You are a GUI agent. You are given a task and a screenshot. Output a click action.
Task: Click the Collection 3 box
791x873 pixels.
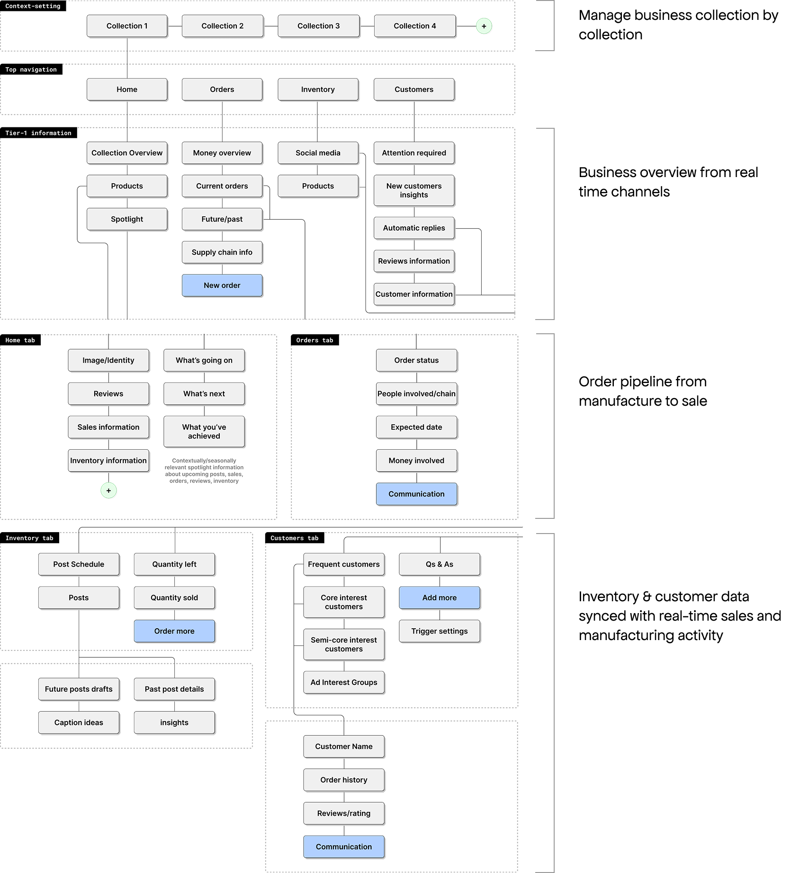318,26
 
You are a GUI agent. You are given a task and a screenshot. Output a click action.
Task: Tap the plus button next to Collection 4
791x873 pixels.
484,27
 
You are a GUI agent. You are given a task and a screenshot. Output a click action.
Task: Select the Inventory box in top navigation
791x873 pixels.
318,89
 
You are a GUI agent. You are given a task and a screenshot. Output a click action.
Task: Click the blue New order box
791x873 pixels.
222,285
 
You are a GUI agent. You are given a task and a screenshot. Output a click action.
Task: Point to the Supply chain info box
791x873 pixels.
222,252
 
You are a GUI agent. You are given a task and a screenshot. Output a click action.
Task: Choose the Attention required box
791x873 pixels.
414,153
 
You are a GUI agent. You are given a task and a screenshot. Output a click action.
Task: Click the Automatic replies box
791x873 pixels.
414,228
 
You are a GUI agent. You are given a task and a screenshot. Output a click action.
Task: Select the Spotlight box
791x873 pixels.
127,219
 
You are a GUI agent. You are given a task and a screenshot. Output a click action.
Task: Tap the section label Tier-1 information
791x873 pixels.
38,133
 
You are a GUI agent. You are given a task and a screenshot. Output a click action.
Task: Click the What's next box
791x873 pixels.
204,394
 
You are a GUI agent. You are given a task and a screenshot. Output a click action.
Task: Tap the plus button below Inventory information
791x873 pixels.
108,490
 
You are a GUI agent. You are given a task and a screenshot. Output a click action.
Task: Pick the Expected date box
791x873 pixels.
416,428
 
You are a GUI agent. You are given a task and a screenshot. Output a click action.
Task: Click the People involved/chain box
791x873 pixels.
416,394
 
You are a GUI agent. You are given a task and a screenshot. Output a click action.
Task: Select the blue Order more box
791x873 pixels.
174,631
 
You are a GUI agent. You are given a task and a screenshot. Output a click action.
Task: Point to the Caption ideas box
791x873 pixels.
79,722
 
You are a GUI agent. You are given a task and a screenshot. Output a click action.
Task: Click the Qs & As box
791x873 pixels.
440,564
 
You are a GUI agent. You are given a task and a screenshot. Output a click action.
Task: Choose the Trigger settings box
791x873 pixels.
440,631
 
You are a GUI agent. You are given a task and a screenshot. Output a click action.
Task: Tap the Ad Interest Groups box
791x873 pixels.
344,682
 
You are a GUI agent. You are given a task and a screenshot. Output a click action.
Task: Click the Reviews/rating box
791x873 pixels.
344,813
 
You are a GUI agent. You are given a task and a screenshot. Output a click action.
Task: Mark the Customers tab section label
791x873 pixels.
294,538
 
